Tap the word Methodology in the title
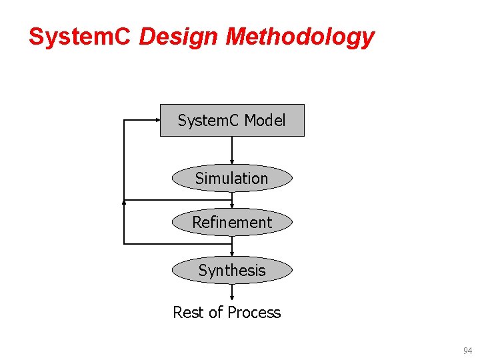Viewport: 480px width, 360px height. point(300,38)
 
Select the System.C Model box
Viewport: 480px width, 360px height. point(232,121)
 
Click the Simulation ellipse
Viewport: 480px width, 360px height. point(232,179)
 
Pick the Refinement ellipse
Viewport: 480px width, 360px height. point(232,223)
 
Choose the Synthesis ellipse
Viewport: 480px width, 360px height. point(232,271)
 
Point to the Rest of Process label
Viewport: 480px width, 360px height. point(227,313)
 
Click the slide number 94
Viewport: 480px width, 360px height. point(468,350)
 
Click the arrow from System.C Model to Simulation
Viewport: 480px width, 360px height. point(232,150)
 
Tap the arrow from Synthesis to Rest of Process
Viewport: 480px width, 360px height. point(232,292)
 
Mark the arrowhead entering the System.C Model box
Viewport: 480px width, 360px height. point(157,120)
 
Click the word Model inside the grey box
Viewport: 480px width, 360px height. point(265,121)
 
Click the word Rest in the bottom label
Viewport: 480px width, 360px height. point(187,313)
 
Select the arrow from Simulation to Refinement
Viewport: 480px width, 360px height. point(232,200)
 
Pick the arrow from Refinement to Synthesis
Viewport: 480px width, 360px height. point(232,247)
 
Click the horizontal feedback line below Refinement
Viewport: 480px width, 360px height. point(177,244)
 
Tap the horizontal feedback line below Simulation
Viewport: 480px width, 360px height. point(177,199)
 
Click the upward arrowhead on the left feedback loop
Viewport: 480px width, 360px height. point(123,201)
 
